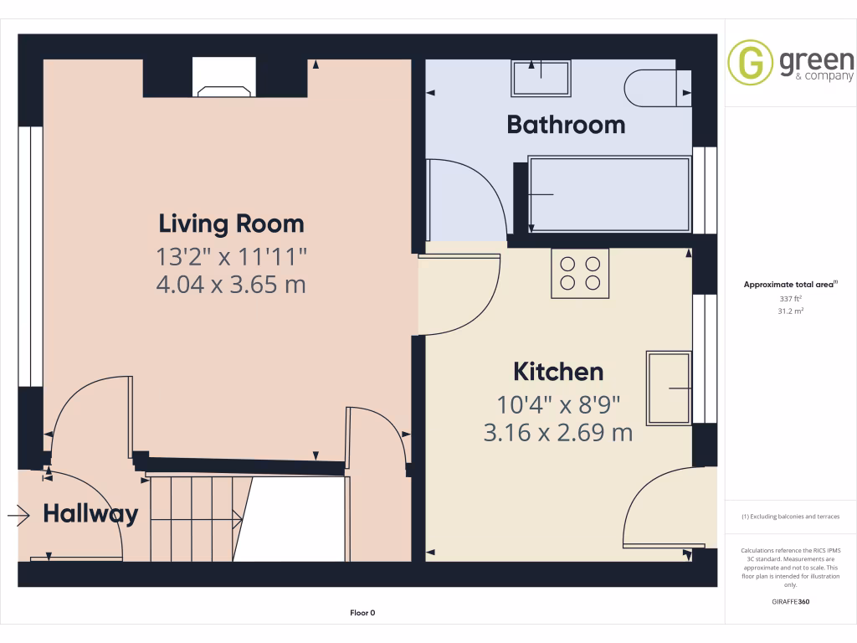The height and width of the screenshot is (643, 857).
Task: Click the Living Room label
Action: click(231, 224)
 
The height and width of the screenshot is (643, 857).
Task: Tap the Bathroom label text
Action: click(566, 125)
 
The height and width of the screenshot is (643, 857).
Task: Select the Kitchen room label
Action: click(557, 371)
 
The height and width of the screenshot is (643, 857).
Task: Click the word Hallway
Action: click(90, 513)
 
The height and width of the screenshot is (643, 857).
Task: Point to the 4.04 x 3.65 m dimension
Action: click(231, 285)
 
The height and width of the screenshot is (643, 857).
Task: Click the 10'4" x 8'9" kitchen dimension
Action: click(557, 405)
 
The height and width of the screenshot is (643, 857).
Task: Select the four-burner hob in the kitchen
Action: click(580, 273)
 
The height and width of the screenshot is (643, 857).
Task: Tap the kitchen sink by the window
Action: click(669, 388)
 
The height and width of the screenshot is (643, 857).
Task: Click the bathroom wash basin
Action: click(541, 78)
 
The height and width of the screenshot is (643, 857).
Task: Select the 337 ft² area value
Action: click(791, 298)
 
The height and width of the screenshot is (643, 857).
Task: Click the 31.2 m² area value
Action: click(791, 311)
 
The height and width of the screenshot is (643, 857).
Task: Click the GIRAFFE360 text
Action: click(791, 602)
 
